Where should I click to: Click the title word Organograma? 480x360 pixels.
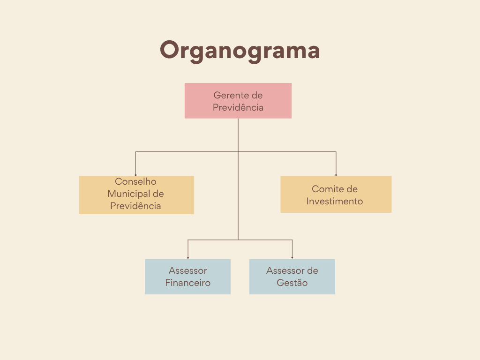pos(240,50)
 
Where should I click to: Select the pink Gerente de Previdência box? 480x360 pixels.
pos(238,101)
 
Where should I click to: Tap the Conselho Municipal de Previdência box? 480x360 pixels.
pos(136,195)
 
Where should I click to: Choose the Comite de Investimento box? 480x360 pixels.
pos(336,195)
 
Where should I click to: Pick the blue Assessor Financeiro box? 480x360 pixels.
pos(187,277)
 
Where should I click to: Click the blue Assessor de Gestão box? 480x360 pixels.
pos(292,277)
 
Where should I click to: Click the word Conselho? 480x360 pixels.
pos(136,181)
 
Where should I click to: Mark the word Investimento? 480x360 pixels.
pos(335,201)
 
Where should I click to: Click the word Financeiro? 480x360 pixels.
pos(187,283)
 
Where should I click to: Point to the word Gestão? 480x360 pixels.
pos(292,283)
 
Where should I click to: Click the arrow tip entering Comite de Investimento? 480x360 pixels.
pos(336,175)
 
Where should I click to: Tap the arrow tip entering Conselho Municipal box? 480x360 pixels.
pos(136,175)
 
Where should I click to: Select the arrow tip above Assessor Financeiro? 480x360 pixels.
pos(188,258)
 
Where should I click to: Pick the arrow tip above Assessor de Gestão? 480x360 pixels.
pos(292,258)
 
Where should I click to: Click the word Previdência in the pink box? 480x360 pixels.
pos(238,107)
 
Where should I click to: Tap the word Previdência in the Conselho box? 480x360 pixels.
pos(136,206)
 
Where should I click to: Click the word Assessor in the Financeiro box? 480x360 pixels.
pos(187,270)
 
